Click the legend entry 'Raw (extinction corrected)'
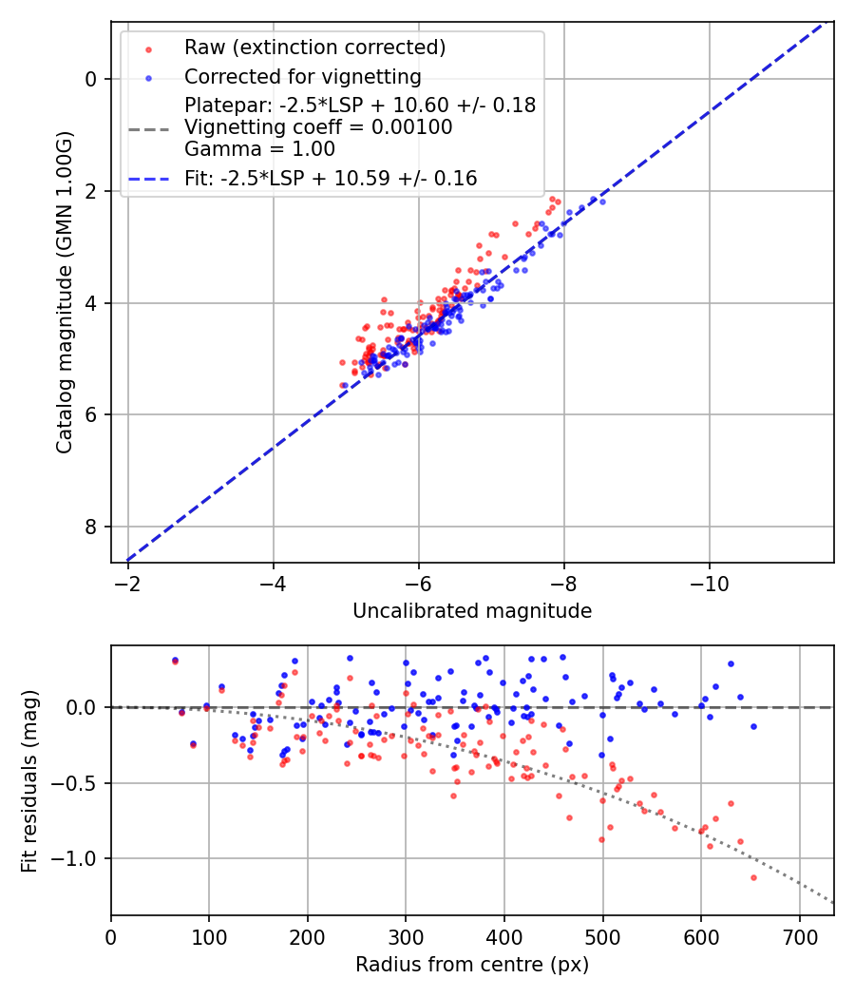[x=314, y=48]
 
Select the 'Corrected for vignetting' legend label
[x=302, y=76]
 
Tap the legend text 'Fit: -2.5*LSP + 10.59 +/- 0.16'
[x=331, y=178]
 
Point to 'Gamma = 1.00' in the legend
[x=259, y=148]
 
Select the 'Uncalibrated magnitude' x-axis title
[x=472, y=611]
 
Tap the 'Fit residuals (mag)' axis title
[x=29, y=780]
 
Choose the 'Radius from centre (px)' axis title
[x=472, y=965]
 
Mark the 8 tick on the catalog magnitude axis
[x=92, y=527]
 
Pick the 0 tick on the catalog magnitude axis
[x=92, y=79]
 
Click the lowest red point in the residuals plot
[x=753, y=877]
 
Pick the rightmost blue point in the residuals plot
[x=753, y=726]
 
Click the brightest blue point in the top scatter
[x=602, y=202]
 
